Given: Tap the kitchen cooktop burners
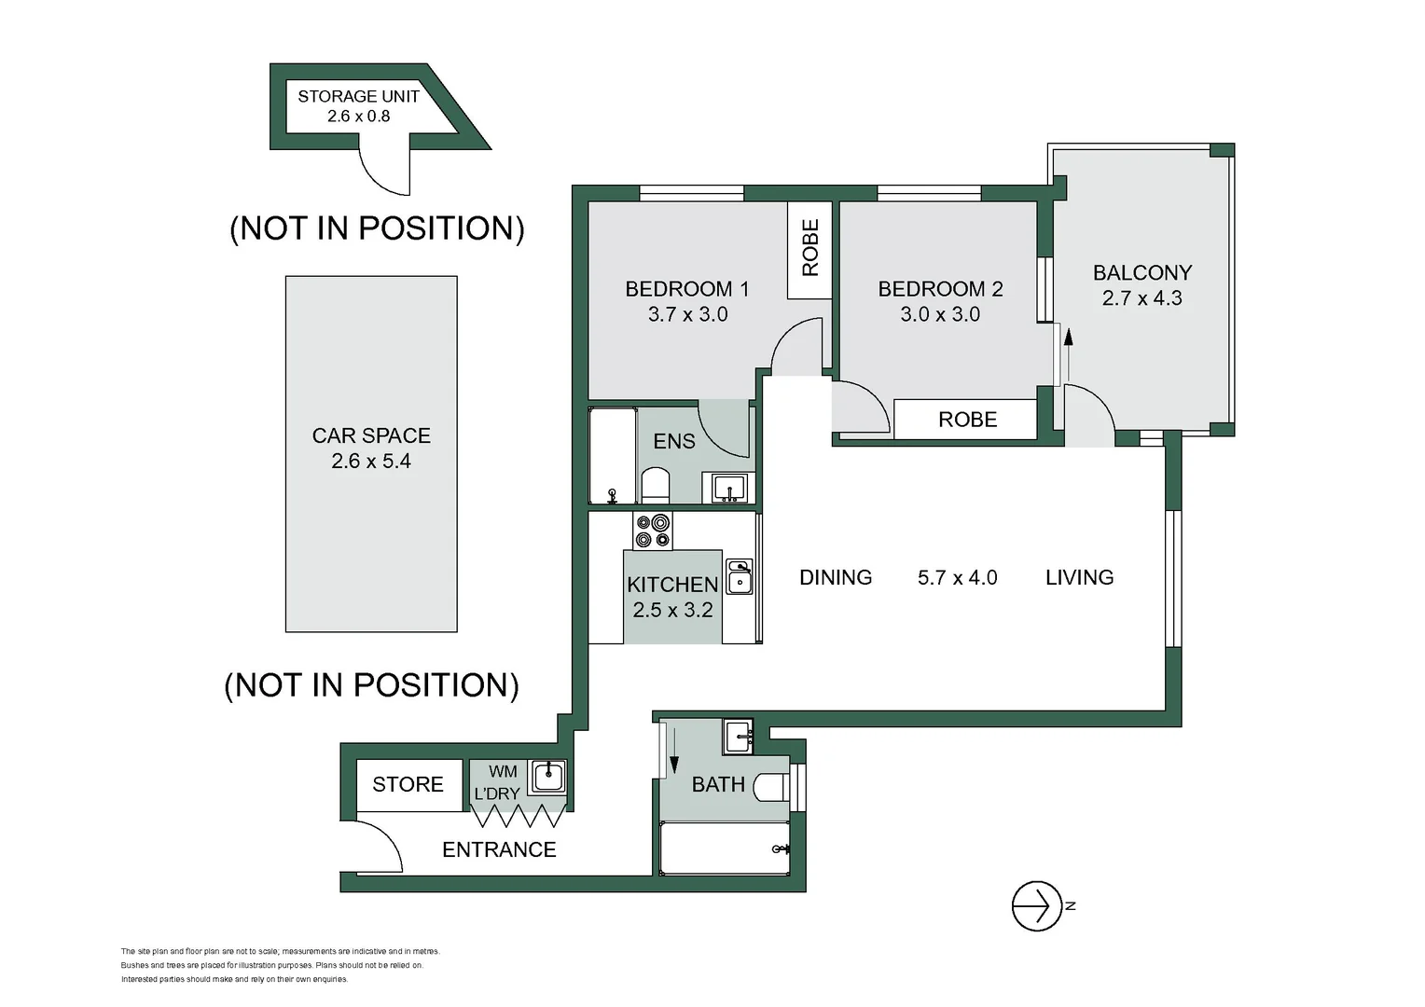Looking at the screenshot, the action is click(653, 531).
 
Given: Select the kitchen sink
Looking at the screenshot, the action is click(739, 577).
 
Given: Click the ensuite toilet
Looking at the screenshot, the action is click(656, 485).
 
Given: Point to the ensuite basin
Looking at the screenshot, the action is click(728, 488).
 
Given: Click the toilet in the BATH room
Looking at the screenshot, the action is click(771, 788).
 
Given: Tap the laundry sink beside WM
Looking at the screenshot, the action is click(547, 777).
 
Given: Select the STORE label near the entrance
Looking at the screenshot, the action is click(408, 784).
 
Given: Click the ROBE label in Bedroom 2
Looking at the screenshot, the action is click(968, 420).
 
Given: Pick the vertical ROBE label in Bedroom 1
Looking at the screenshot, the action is click(809, 247).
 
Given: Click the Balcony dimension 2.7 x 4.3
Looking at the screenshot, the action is click(1141, 298).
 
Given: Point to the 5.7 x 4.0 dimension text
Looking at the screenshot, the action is click(957, 577).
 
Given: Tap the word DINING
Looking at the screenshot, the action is click(836, 577).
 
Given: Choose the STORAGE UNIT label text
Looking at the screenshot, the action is click(359, 97).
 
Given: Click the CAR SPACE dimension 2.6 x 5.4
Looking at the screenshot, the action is click(371, 462).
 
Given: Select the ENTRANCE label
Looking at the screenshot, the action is click(499, 849).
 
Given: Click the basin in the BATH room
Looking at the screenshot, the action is click(739, 737).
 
